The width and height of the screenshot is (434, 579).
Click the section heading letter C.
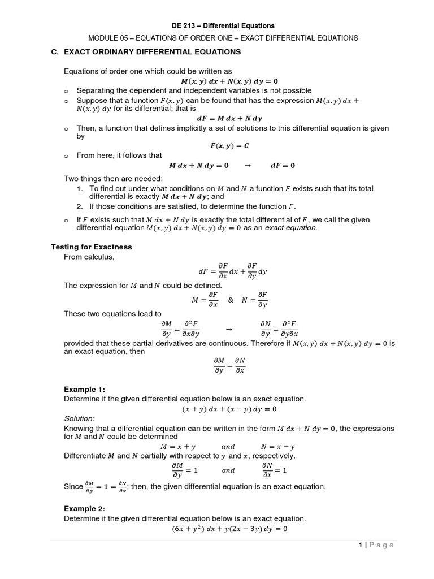[54, 52]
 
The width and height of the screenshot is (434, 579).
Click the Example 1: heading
[84, 390]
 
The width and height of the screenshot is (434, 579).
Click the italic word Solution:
[79, 418]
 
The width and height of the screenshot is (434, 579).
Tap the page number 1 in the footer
[359, 545]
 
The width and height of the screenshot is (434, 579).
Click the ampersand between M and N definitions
[230, 300]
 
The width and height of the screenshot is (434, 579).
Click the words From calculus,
[89, 257]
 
